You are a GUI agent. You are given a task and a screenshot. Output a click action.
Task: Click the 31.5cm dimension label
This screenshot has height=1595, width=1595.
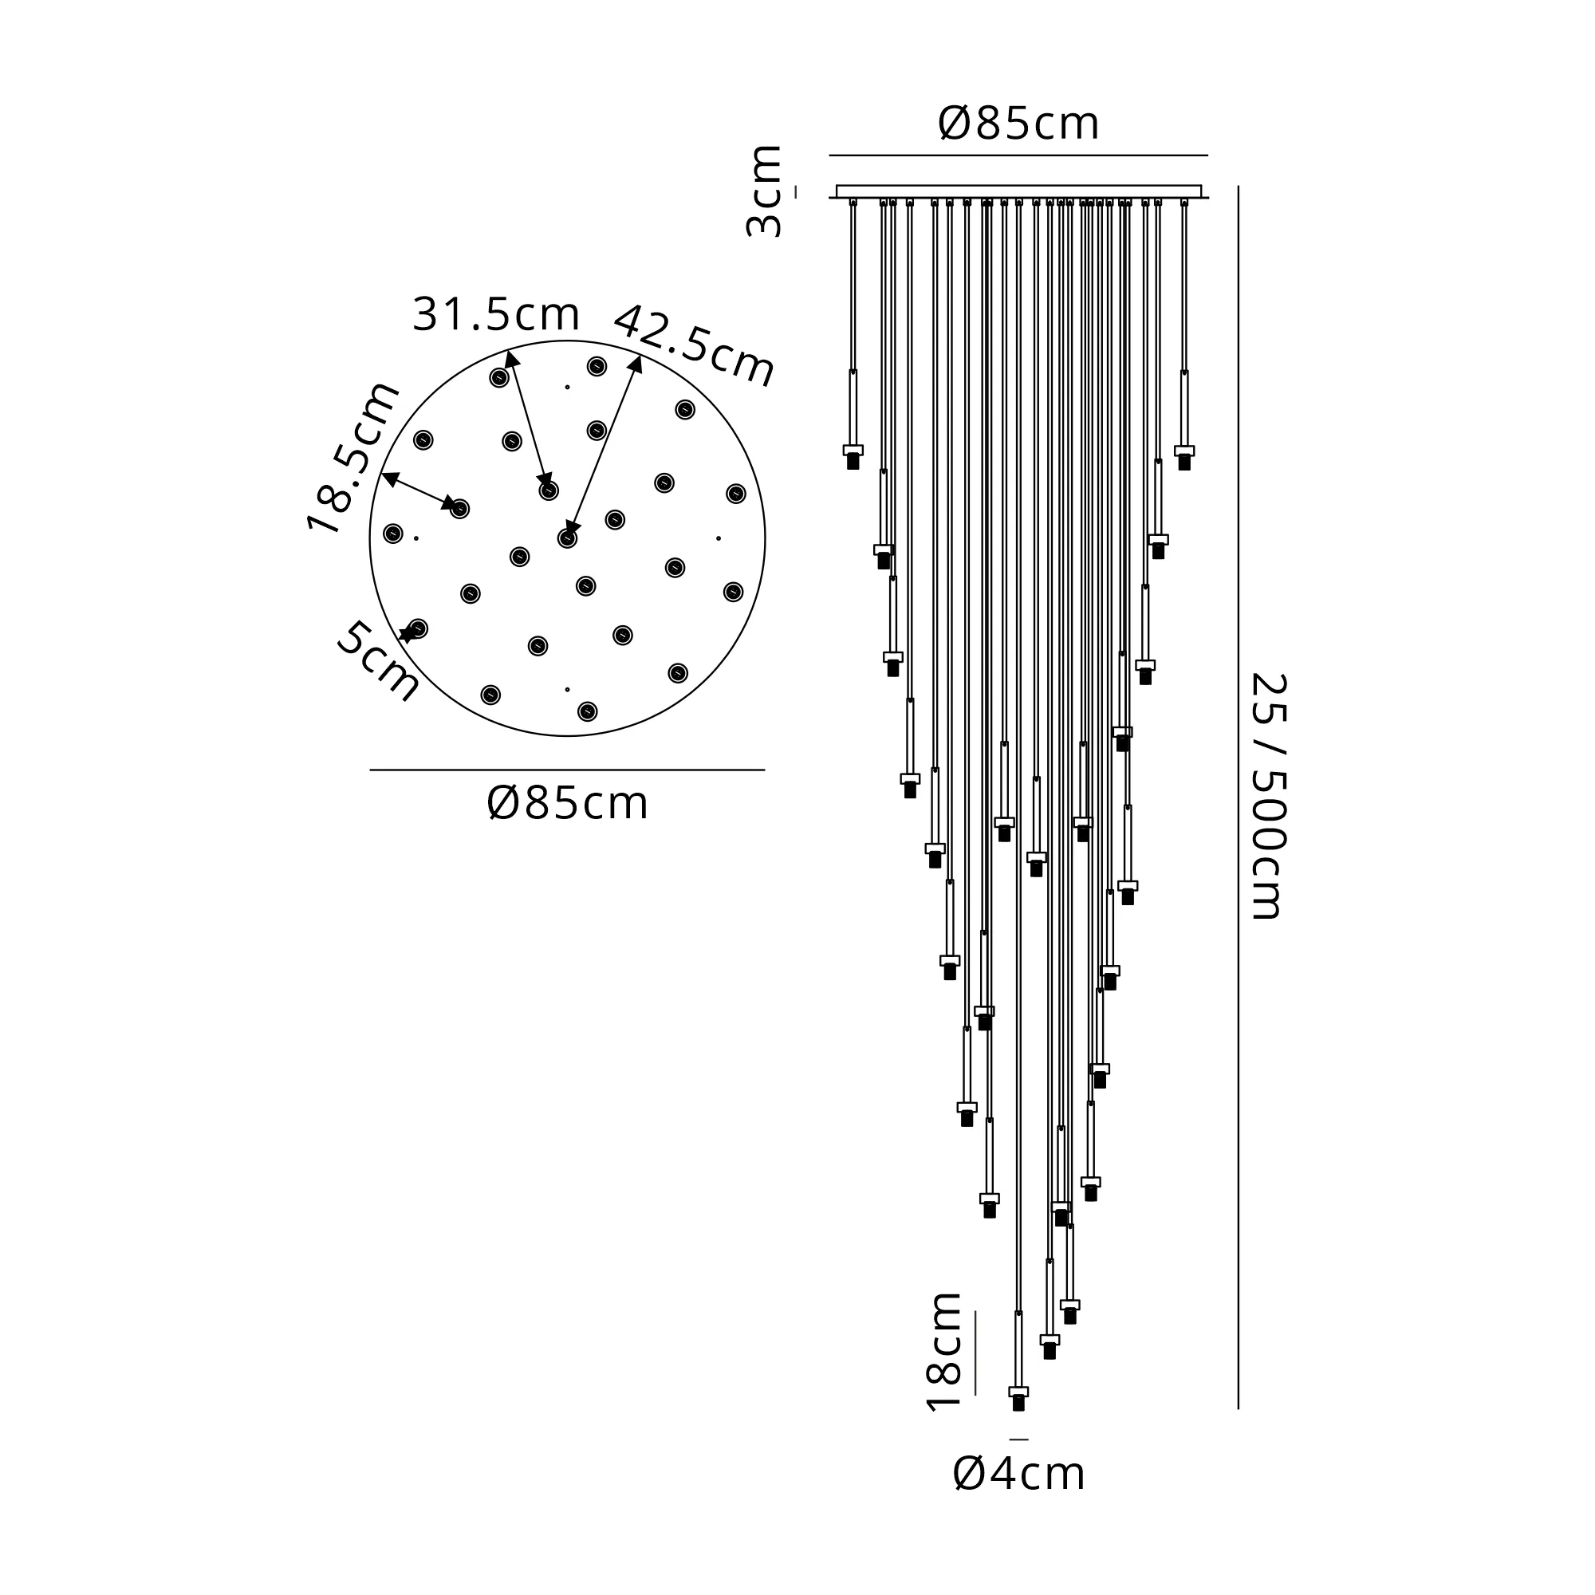pyautogui.click(x=496, y=313)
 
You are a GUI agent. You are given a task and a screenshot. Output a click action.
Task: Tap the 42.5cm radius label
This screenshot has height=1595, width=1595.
pyautogui.click(x=694, y=346)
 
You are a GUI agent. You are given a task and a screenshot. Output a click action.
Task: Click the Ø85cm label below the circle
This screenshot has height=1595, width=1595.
pyautogui.click(x=567, y=803)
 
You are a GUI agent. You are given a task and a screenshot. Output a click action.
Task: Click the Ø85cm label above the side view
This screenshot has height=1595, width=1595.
pyautogui.click(x=1018, y=124)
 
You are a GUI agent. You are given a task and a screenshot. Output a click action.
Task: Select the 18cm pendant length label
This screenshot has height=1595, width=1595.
pyautogui.click(x=943, y=1352)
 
